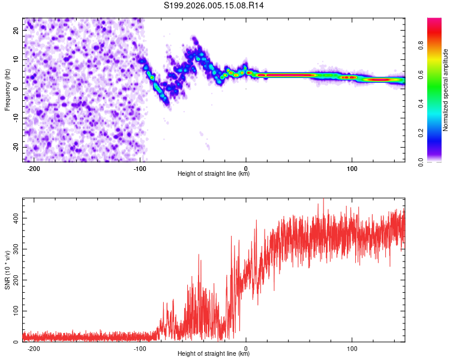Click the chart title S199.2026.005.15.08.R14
tap(214, 5)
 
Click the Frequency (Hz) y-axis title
tap(7, 90)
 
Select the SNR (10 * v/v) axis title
tap(7, 270)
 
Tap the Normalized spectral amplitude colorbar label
tap(445, 90)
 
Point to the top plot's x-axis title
tap(214, 173)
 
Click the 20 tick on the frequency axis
tap(16, 30)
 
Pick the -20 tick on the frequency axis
tap(15, 147)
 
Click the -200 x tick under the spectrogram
tap(34, 168)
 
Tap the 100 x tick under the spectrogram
tap(352, 168)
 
